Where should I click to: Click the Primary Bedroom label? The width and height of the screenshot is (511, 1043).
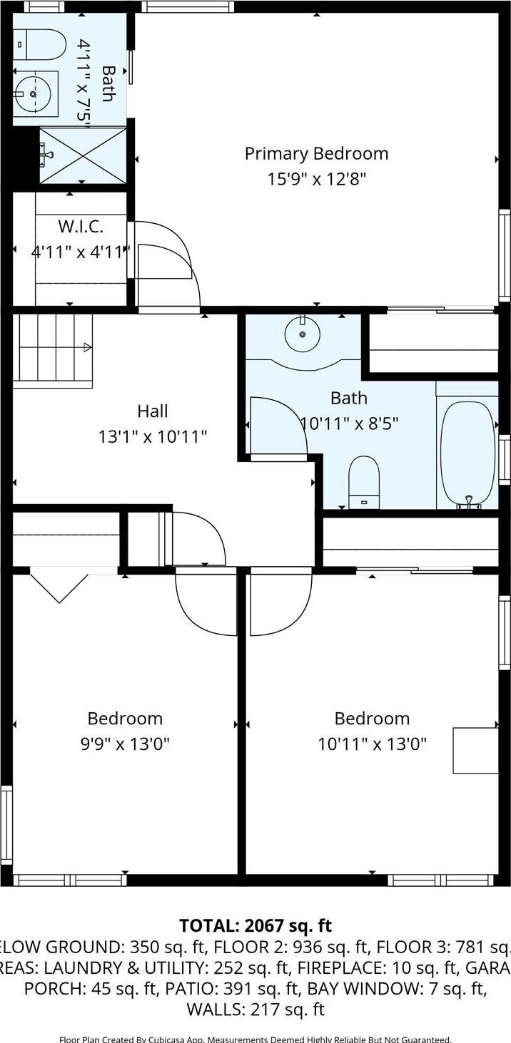point(316,154)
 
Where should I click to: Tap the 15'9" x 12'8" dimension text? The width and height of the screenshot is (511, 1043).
point(316,179)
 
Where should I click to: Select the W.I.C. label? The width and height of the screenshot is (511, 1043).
point(81,227)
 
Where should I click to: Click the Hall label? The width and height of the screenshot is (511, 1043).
point(153,411)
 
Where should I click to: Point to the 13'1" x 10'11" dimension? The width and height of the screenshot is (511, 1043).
point(153,436)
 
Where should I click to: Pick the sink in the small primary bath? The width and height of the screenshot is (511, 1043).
point(33,93)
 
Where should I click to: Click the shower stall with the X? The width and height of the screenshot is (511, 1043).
point(82,155)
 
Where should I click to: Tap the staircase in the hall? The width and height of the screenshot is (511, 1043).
point(54,349)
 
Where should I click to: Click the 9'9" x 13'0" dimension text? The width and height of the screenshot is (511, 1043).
point(125,744)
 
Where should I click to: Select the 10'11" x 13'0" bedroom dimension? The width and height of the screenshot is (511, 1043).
point(372,744)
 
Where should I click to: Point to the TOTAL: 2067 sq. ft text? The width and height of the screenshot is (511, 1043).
point(255,925)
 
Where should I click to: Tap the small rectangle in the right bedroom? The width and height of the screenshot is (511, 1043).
point(475,750)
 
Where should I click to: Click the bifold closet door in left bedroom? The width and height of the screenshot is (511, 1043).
point(59,585)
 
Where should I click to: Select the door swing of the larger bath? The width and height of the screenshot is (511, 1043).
point(277,426)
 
